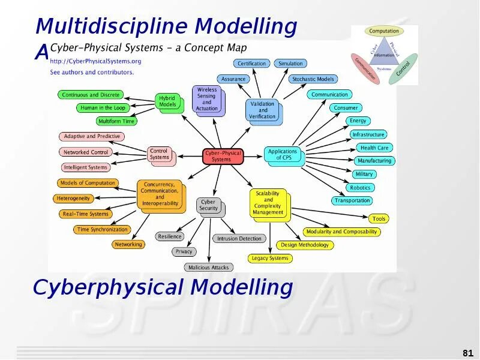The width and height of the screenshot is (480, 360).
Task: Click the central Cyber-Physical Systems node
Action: [x=221, y=156]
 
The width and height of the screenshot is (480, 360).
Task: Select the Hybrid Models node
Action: [x=167, y=101]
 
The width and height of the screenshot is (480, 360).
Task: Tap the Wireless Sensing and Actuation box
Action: [x=207, y=100]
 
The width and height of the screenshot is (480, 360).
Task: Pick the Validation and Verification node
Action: [x=262, y=110]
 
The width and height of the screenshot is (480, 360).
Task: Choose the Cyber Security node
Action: [x=208, y=205]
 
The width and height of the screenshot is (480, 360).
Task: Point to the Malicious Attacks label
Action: [x=208, y=268]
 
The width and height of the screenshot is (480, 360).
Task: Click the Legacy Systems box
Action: [x=270, y=259]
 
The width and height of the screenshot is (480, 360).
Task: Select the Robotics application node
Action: [x=360, y=188]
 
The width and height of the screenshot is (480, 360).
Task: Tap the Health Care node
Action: [x=374, y=148]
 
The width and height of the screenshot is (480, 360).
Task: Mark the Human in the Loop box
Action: [x=103, y=108]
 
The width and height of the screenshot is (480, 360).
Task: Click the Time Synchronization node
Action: [x=103, y=229]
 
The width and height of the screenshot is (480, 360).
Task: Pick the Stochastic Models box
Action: [x=313, y=79]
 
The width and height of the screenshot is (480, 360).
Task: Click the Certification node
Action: [x=251, y=64]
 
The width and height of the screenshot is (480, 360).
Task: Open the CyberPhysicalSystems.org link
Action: [x=95, y=61]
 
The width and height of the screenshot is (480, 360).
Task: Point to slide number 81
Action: [x=468, y=352]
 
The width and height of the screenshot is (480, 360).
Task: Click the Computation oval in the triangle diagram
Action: [x=384, y=31]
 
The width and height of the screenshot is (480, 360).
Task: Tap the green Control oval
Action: [x=403, y=69]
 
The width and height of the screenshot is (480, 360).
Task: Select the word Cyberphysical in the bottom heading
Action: [x=109, y=287]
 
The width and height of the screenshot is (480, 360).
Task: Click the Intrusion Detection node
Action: [x=239, y=239]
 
